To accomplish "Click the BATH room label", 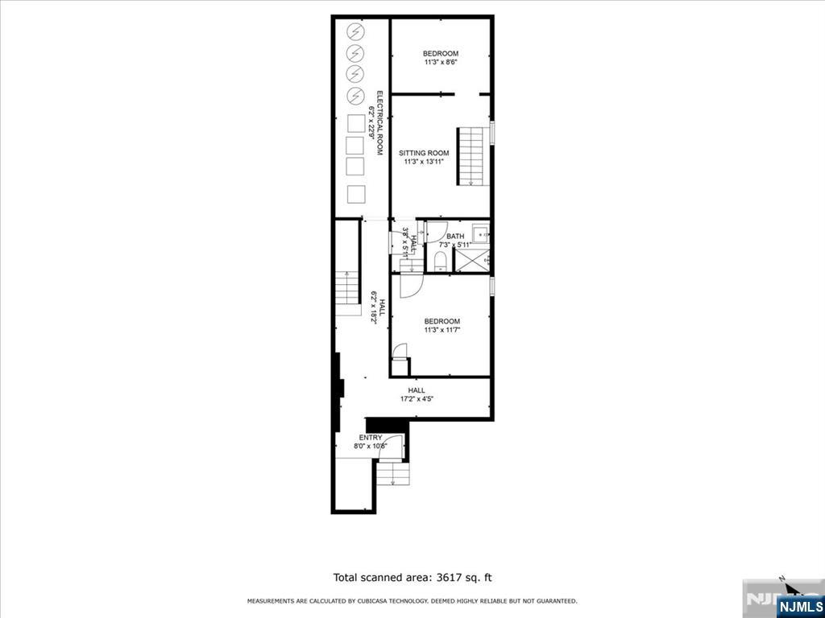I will coord(445,236).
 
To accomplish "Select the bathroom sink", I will coord(481,234).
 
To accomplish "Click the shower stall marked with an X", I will coord(472,260).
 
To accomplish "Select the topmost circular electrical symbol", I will coord(355,32).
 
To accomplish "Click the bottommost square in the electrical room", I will coord(355,195).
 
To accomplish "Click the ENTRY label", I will coord(371,438).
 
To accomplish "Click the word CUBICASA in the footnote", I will coord(368,601).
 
